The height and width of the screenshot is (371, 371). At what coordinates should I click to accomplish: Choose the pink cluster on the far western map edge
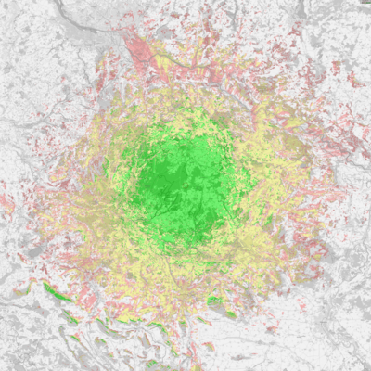pos(7,200)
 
